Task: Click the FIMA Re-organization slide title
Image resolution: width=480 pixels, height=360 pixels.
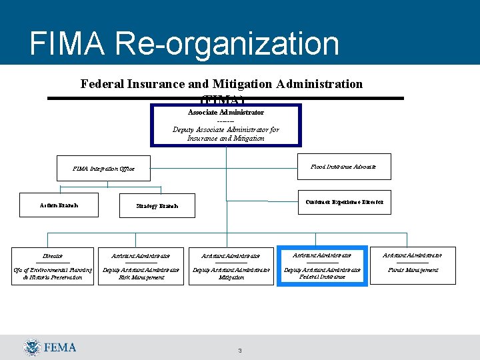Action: click(185, 44)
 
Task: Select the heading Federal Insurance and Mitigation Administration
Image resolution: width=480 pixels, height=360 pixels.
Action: click(221, 84)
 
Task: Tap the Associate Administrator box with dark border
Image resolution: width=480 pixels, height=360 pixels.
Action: click(226, 125)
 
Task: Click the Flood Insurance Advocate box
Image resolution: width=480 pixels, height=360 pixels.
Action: click(343, 167)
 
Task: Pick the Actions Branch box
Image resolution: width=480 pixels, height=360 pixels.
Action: click(59, 205)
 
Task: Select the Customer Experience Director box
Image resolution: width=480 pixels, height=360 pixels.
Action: click(344, 201)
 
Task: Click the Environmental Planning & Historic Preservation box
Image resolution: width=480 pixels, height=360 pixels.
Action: click(53, 266)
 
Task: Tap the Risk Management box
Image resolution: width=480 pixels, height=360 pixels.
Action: click(141, 266)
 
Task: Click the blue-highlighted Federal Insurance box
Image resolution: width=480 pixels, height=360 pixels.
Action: click(322, 265)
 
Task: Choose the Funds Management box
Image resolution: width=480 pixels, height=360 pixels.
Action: click(413, 265)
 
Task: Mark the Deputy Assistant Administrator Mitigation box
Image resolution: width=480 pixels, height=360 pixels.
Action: click(231, 266)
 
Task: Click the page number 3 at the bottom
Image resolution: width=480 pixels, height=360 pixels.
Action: click(239, 351)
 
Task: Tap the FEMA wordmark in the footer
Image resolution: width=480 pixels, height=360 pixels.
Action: click(60, 347)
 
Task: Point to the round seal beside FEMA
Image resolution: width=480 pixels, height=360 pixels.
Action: click(32, 347)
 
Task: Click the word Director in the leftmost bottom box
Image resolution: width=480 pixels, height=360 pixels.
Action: click(53, 255)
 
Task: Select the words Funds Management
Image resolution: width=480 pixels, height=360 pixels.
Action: click(413, 270)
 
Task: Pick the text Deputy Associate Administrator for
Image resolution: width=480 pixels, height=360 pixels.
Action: click(226, 129)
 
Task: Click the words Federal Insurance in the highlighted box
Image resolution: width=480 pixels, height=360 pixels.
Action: click(322, 276)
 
